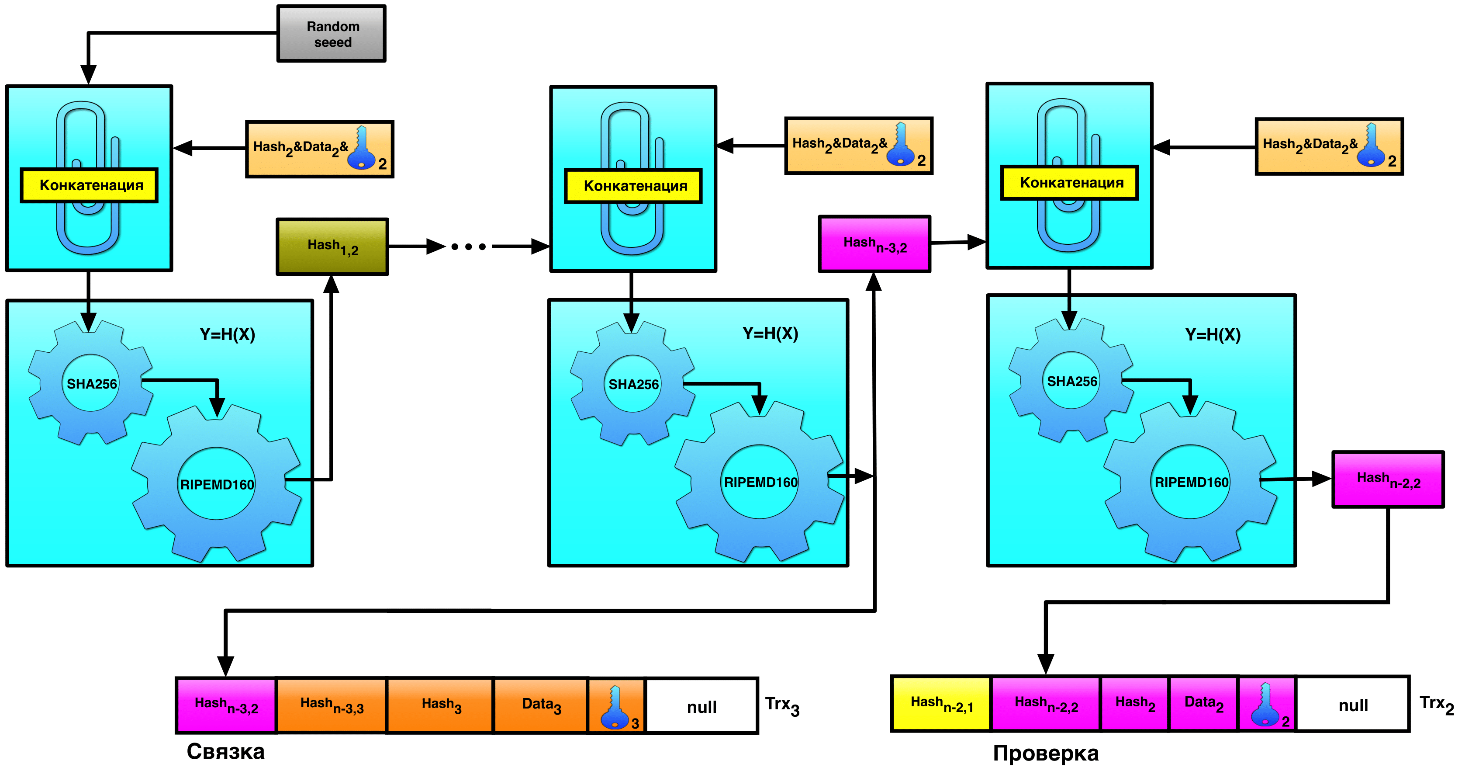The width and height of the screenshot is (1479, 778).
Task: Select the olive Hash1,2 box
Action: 332,247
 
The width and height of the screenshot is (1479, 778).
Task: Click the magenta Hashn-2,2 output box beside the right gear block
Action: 1387,479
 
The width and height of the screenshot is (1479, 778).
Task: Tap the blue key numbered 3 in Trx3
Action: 616,707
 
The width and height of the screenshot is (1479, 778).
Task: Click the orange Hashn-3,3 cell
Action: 332,705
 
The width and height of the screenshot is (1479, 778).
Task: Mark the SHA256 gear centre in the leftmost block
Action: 91,384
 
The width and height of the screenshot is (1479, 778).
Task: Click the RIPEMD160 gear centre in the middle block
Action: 760,482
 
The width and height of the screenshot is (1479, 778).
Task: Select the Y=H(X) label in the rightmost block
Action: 1213,334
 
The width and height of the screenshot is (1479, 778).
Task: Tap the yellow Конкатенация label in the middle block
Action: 634,186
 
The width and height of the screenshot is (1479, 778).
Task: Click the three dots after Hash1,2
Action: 469,247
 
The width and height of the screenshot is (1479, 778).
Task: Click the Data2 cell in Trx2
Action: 1203,704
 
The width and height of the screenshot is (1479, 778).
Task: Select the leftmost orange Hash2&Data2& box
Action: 319,149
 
